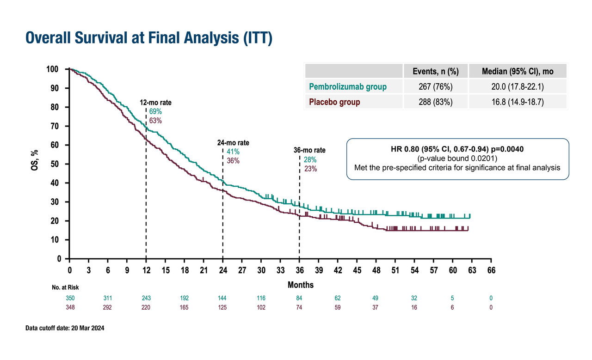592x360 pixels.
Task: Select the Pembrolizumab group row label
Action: pyautogui.click(x=347, y=86)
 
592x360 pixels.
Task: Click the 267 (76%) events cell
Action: pyautogui.click(x=435, y=86)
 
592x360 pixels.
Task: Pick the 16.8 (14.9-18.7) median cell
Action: pyautogui.click(x=517, y=102)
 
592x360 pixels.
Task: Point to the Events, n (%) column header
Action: pyautogui.click(x=435, y=71)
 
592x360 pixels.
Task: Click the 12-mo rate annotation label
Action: pyautogui.click(x=158, y=102)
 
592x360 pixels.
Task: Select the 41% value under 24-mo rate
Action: pyautogui.click(x=234, y=152)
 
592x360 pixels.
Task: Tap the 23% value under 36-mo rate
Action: pyautogui.click(x=310, y=169)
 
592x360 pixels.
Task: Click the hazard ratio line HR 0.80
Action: pyautogui.click(x=457, y=150)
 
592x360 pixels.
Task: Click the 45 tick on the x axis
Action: pyautogui.click(x=357, y=270)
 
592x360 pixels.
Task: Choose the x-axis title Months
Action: pyautogui.click(x=300, y=285)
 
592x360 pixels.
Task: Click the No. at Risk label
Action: pyautogui.click(x=65, y=287)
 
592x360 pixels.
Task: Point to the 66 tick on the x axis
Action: pyautogui.click(x=491, y=270)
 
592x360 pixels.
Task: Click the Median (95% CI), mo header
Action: pyautogui.click(x=517, y=71)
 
